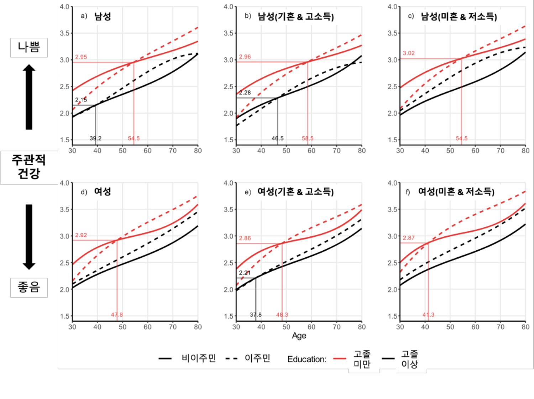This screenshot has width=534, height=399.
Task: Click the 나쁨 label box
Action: coord(29,47)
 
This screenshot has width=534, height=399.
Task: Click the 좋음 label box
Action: coord(29,287)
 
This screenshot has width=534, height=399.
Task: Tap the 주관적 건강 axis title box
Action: coord(29,167)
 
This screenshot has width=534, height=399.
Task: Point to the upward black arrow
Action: coord(29,97)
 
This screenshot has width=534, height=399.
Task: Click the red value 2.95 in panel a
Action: coord(81,57)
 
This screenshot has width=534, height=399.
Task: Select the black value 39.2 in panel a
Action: coord(95,138)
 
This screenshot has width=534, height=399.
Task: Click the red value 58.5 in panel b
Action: coord(308,138)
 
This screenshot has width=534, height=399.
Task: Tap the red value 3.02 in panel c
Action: coord(409,53)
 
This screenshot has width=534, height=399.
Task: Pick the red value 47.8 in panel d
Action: coord(117,315)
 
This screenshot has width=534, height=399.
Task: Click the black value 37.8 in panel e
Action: coord(256,315)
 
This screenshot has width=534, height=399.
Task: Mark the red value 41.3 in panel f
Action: coord(428,315)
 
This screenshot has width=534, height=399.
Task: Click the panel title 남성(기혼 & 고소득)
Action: coord(295,16)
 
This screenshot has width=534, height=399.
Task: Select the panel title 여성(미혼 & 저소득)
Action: coord(456,191)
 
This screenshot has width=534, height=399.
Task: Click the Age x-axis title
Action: coord(299,336)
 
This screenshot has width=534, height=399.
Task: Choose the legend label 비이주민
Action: coord(199,358)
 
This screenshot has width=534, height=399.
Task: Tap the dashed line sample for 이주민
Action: coord(232,358)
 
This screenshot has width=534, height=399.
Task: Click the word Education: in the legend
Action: coord(307,359)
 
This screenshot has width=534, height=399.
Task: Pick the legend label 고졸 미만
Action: coord(362,359)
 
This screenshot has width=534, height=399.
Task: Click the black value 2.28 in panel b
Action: coord(245,93)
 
